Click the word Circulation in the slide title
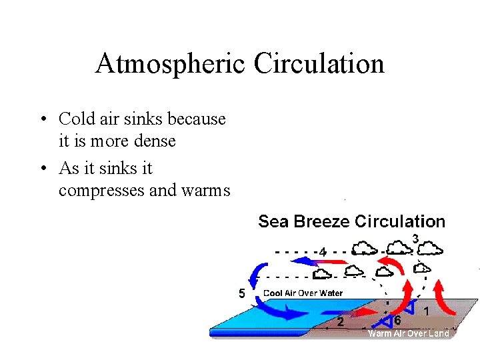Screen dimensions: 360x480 coord(319,65)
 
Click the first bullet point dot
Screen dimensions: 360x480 coord(42,120)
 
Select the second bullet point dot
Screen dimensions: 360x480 coord(42,168)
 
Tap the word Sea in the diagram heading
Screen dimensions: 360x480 coord(271,221)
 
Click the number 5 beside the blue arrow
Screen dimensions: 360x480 coord(241,293)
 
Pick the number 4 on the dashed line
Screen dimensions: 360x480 coord(323,253)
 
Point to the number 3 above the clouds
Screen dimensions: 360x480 coord(415,238)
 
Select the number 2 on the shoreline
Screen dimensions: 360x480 coord(341,323)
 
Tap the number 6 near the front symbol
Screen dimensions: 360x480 coord(397,321)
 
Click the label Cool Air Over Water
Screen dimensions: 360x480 coord(303,293)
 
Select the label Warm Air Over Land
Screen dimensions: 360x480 coord(409,333)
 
